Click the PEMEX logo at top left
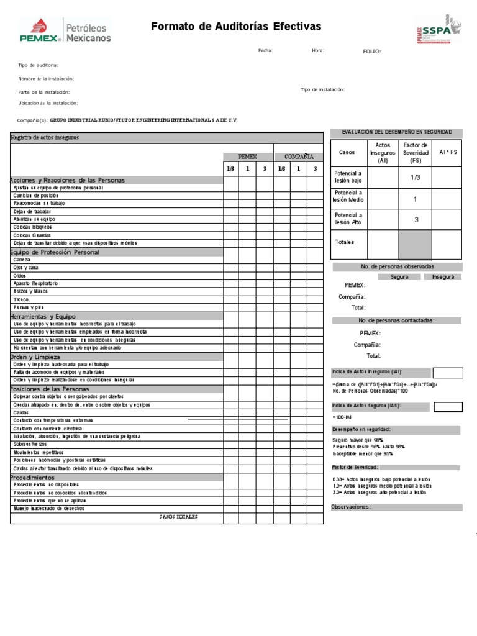click(x=65, y=30)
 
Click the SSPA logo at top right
click(x=438, y=29)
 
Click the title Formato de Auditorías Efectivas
click(x=236, y=26)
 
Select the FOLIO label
click(x=372, y=52)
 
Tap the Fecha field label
click(x=265, y=51)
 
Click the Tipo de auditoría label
click(x=39, y=65)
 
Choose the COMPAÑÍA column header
click(x=298, y=157)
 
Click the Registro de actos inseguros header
click(x=45, y=137)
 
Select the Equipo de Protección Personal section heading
click(x=55, y=252)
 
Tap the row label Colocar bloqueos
click(x=32, y=227)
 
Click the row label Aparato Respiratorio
click(x=35, y=283)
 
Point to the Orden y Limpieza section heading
click(x=35, y=357)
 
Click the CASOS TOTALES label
click(x=178, y=517)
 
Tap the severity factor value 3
click(x=416, y=220)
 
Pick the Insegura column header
click(x=443, y=277)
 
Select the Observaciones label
click(x=351, y=507)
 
